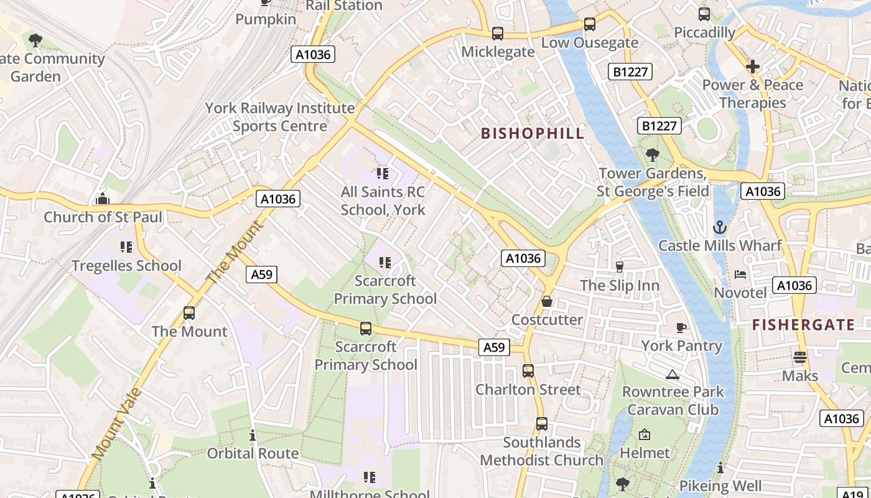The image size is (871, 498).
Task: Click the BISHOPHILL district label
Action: tap(533, 133)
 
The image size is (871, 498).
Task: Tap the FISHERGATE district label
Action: tap(803, 324)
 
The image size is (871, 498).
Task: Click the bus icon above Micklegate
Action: tap(497, 34)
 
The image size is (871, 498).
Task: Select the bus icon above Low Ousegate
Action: tap(589, 24)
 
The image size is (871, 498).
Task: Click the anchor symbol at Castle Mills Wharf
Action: tap(720, 227)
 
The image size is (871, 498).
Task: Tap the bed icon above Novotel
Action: tap(740, 275)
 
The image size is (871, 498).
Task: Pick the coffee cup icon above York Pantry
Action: tap(681, 327)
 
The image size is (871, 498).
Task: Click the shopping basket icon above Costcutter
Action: tap(547, 301)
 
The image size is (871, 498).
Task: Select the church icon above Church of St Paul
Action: tap(103, 199)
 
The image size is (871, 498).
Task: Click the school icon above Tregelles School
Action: tap(126, 247)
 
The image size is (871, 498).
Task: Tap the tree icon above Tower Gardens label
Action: tap(652, 154)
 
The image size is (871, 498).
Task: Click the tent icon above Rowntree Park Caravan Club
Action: tap(672, 374)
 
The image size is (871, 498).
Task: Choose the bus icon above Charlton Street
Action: tap(528, 371)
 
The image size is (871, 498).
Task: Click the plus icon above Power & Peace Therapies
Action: tap(753, 67)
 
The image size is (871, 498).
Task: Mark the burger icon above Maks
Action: tap(800, 357)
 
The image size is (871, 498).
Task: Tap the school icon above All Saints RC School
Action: tap(383, 173)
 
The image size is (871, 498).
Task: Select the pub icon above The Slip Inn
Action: tap(619, 267)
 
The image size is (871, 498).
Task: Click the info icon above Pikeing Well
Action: tap(720, 467)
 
